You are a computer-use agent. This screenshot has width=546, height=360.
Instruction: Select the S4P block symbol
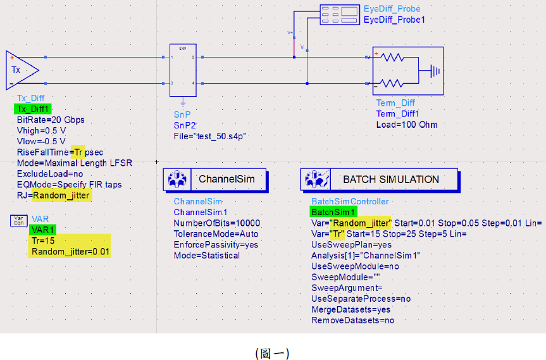point(183,70)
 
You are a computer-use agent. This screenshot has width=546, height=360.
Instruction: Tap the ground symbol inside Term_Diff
point(434,70)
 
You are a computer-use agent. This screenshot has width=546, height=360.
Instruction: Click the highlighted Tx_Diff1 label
point(33,109)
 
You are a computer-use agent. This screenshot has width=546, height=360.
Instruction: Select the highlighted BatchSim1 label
point(333,212)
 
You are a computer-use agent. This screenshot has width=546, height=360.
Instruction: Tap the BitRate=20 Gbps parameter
point(51,120)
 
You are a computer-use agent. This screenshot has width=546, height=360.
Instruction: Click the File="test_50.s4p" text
point(209,136)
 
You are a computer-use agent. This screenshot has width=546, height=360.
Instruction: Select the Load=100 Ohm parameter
point(406,125)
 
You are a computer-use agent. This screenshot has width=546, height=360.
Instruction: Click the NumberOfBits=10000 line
point(216,223)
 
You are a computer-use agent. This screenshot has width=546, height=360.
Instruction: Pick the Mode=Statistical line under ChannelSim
point(206,256)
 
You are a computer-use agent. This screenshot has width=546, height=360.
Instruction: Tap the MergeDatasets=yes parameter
point(351,309)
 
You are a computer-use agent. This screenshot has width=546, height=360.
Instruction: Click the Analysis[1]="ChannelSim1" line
point(366,255)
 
